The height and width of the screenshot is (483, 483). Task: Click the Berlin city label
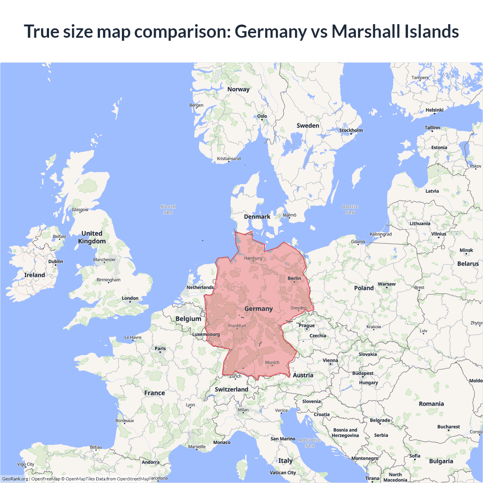click(294, 278)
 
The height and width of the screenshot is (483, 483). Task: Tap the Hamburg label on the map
click(253, 258)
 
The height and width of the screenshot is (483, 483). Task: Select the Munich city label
click(272, 362)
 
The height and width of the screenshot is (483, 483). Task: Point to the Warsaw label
click(386, 284)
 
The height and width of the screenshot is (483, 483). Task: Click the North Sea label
click(168, 209)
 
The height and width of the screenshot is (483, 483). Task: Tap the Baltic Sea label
click(350, 209)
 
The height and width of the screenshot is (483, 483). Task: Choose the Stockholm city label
click(351, 130)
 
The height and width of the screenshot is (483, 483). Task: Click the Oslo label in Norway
click(262, 116)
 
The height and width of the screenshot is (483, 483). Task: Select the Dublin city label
click(55, 261)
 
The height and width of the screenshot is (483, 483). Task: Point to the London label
click(130, 298)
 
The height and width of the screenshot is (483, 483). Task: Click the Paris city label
click(160, 348)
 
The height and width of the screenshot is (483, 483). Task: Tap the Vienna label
click(330, 360)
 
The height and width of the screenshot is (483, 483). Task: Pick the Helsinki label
click(434, 110)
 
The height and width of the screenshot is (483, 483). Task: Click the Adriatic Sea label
click(310, 443)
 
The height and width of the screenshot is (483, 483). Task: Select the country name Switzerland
click(231, 389)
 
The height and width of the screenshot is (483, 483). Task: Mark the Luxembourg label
click(206, 334)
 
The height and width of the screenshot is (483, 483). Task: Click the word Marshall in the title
click(361, 31)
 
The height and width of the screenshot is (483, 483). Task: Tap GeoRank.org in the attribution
click(15, 479)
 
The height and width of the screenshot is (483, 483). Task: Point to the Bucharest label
click(448, 427)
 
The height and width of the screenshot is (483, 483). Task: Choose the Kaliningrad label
click(380, 234)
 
